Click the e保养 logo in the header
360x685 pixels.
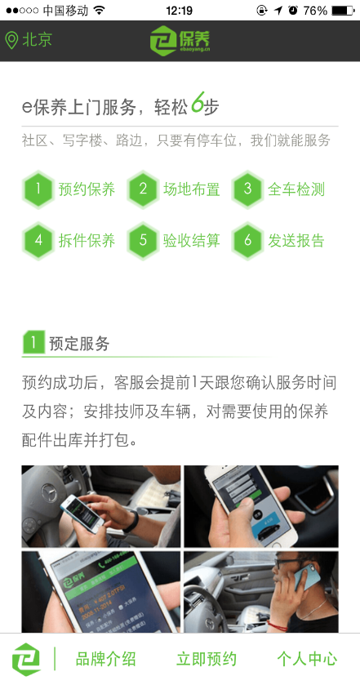point(179,40)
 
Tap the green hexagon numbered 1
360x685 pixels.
point(38,189)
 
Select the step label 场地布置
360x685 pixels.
point(192,189)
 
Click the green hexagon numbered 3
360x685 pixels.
point(247,189)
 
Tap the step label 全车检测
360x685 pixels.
point(296,189)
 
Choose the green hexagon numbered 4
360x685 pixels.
point(38,241)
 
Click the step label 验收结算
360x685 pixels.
point(192,241)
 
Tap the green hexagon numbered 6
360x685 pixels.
point(247,241)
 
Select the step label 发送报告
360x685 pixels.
point(296,241)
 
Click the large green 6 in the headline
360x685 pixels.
point(198,105)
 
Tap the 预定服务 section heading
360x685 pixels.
point(79,344)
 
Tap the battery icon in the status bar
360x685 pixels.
point(343,11)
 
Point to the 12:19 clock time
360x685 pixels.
point(179,11)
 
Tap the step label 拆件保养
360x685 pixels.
point(87,241)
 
